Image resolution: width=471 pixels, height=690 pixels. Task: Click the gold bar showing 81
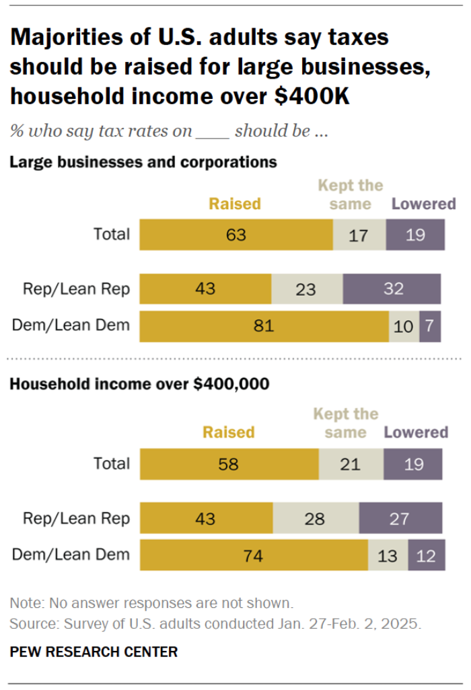[264, 326]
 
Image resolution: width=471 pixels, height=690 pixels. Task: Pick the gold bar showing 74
[254, 555]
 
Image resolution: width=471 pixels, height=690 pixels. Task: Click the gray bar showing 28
[315, 519]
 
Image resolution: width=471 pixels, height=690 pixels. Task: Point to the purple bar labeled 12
[425, 555]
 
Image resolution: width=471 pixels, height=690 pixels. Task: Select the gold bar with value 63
[235, 235]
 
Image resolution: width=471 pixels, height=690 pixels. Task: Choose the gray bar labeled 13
[388, 555]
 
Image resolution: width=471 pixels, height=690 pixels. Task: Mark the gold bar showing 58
[229, 463]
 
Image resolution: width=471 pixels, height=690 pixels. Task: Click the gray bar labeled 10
[404, 326]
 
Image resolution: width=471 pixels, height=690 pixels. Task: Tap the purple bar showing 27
[400, 519]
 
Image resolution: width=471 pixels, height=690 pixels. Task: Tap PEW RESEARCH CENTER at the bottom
[94, 652]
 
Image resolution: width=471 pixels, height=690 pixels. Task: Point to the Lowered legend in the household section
[416, 432]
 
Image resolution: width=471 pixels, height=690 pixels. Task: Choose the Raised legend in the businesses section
[235, 203]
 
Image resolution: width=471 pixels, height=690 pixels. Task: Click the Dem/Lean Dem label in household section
[71, 555]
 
